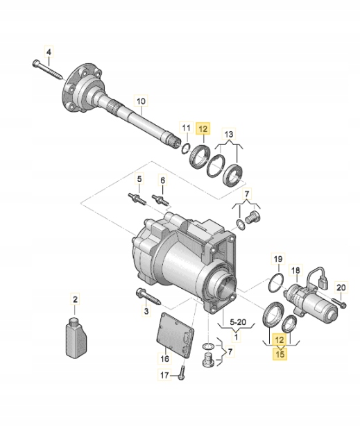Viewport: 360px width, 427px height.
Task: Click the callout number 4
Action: pyautogui.click(x=49, y=51)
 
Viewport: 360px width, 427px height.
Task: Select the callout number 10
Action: pyautogui.click(x=141, y=101)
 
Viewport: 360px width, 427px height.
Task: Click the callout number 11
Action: pyautogui.click(x=186, y=128)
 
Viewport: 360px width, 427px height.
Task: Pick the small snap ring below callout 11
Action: pyautogui.click(x=185, y=146)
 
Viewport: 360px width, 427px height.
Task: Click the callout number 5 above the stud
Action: pyautogui.click(x=139, y=179)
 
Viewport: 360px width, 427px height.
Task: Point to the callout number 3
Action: pyautogui.click(x=146, y=312)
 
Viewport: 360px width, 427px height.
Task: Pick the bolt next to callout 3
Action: pyautogui.click(x=148, y=298)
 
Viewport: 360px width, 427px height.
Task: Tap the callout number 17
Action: pyautogui.click(x=164, y=376)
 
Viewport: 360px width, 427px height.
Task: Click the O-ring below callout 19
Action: pyautogui.click(x=275, y=283)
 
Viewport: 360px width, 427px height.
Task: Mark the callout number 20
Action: pyautogui.click(x=340, y=287)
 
